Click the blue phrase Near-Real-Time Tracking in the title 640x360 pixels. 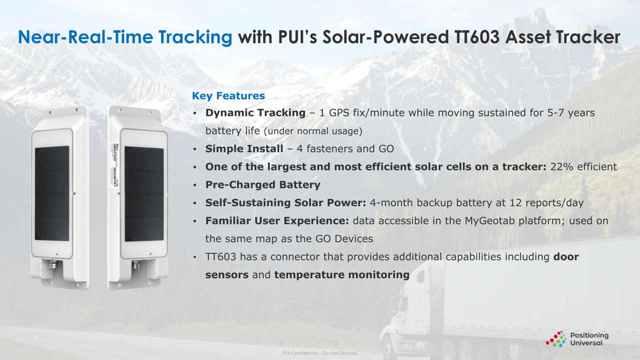coord(125,37)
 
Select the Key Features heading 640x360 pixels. coord(228,95)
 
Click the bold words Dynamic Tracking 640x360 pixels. coord(255,113)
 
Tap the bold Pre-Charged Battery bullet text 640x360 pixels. coord(262,185)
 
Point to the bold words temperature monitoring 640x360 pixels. coord(341,275)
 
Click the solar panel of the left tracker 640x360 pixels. coord(52,193)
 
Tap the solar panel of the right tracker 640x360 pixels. coord(143,193)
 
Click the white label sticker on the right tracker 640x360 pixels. coord(114,165)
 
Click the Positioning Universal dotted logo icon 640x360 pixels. coord(555,339)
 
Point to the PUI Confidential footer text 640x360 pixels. coord(319,353)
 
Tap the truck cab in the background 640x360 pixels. coord(407,305)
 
